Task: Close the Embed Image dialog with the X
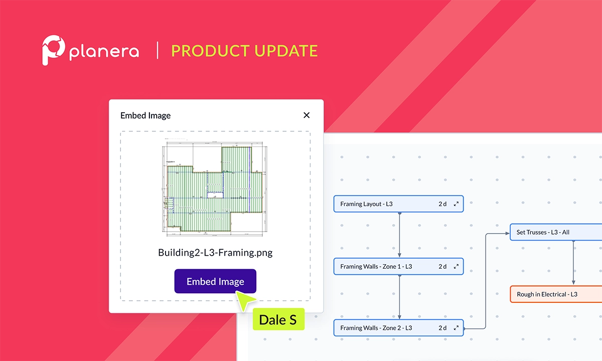(307, 115)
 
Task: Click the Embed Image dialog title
(145, 115)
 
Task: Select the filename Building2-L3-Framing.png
(215, 252)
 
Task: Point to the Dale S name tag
(278, 319)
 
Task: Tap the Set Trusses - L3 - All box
(552, 232)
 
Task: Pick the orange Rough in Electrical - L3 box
(552, 294)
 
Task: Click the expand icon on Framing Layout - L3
(456, 204)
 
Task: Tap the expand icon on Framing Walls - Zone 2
(456, 328)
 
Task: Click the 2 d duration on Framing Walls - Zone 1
(442, 266)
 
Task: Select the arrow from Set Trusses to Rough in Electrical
(573, 263)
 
